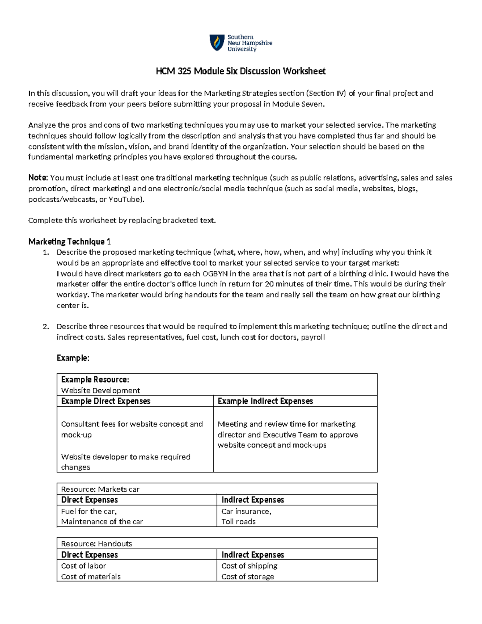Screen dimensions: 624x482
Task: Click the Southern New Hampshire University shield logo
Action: pyautogui.click(x=217, y=43)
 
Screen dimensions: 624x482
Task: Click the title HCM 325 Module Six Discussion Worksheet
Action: pyautogui.click(x=241, y=72)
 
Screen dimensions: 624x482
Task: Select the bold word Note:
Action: pyautogui.click(x=38, y=178)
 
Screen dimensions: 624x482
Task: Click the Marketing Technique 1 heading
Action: pyautogui.click(x=69, y=241)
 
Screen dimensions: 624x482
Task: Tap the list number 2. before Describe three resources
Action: pyautogui.click(x=46, y=327)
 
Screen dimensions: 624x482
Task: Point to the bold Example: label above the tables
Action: pyautogui.click(x=73, y=358)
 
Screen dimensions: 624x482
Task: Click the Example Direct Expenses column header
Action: pyautogui.click(x=106, y=401)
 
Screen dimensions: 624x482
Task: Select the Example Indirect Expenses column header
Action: pyautogui.click(x=265, y=401)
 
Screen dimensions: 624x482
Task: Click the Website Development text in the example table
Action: pyautogui.click(x=100, y=391)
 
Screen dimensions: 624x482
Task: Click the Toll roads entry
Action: pyautogui.click(x=239, y=522)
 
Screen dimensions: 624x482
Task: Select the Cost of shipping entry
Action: pyautogui.click(x=249, y=566)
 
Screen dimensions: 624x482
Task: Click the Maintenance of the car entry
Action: pyautogui.click(x=102, y=522)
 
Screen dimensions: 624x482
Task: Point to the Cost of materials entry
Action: pyautogui.click(x=91, y=577)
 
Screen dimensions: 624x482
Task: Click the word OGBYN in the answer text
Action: pyautogui.click(x=214, y=274)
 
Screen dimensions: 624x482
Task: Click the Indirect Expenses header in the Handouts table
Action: pyautogui.click(x=253, y=555)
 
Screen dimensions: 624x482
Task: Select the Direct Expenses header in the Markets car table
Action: pyautogui.click(x=90, y=500)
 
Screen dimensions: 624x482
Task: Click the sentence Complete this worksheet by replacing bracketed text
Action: pyautogui.click(x=122, y=220)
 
